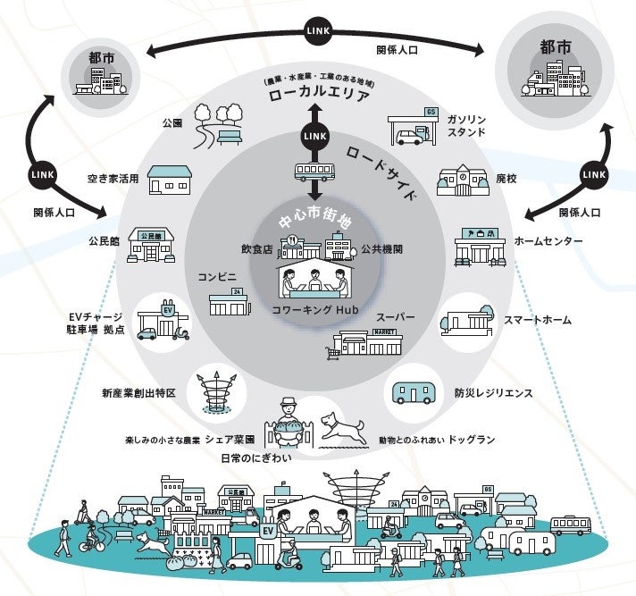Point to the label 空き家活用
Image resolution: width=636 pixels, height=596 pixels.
(113, 179)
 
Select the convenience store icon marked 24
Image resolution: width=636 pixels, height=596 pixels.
(228, 303)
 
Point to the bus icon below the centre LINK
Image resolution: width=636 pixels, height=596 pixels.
(314, 172)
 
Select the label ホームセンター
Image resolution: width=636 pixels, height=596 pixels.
(548, 241)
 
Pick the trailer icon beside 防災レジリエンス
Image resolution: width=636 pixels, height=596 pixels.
(414, 393)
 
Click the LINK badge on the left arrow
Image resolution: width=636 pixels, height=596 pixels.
(42, 172)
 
